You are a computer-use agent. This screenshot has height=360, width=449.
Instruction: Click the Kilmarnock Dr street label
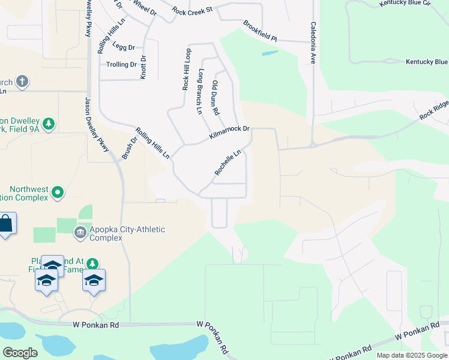[229, 133]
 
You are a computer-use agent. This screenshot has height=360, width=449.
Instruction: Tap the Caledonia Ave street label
[313, 43]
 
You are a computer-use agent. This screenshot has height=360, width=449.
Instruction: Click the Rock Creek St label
[192, 11]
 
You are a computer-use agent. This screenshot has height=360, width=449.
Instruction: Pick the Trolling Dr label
[121, 64]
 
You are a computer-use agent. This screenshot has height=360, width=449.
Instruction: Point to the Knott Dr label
[143, 67]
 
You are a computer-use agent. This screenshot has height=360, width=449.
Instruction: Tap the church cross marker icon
[22, 81]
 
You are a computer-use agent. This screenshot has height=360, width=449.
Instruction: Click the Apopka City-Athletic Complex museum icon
[80, 232]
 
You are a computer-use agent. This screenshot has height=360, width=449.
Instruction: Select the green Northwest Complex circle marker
[58, 193]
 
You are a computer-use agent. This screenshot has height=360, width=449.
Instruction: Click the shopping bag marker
[6, 224]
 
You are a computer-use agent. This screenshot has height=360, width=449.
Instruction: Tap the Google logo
[20, 352]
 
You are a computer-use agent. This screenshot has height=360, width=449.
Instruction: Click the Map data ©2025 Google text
[411, 355]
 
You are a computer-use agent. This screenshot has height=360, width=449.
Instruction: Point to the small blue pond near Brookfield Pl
[270, 53]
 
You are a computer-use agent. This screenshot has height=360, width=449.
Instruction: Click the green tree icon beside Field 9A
[49, 124]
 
